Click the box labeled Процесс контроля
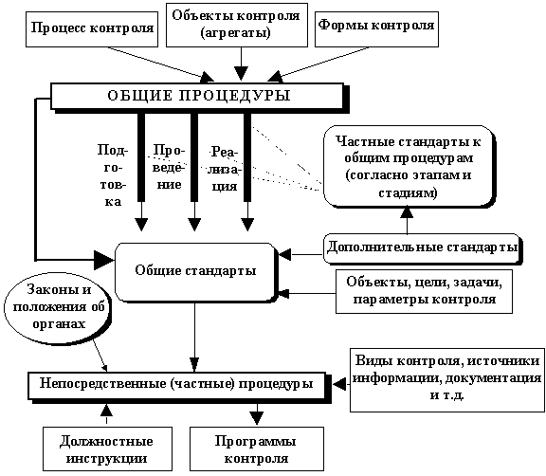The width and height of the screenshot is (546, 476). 92,29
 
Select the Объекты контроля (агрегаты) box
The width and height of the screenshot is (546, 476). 237,25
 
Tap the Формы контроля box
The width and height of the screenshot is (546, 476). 376,29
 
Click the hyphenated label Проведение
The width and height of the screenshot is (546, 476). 169,167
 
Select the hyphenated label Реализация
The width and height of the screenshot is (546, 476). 225,169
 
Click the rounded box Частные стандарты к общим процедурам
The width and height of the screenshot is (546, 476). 409,167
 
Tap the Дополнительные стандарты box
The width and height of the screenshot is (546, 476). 423,248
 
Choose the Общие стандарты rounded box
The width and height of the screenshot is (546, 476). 195,271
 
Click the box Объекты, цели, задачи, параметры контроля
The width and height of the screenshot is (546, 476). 424,291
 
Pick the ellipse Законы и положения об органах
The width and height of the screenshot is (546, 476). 59,306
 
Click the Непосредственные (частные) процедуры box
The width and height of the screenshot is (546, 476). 177,386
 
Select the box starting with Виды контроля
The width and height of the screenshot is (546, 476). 447,380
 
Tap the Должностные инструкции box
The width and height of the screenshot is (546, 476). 107,449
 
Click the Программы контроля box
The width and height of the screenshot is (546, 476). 257,449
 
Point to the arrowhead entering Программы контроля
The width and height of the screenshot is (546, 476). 257,417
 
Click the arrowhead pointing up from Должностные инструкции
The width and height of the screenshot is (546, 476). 106,411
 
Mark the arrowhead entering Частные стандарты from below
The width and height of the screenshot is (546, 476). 407,212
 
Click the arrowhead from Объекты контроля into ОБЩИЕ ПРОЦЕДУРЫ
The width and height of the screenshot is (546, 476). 241,74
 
